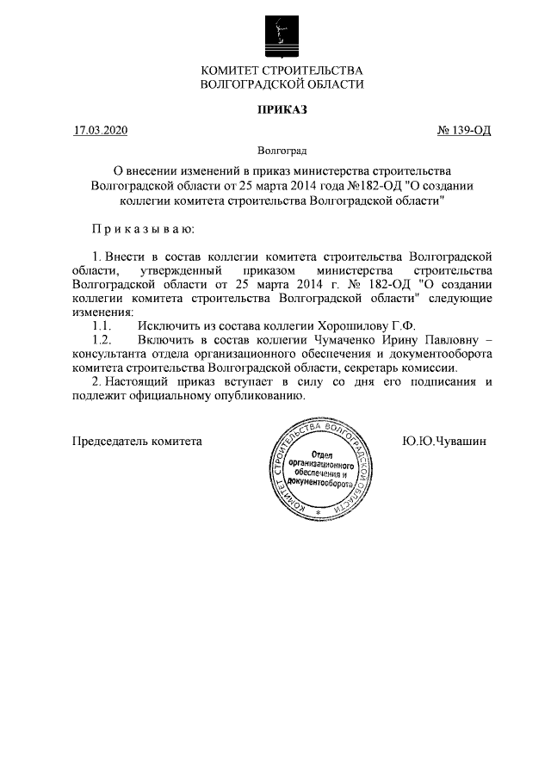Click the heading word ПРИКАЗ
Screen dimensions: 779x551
tap(282, 109)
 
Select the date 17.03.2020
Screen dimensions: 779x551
tap(100, 131)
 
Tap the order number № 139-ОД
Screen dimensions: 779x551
tap(464, 131)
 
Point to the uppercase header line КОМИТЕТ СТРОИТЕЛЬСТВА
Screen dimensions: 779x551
tap(282, 70)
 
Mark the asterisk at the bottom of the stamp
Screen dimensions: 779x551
tap(319, 513)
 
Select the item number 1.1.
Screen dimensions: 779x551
tap(102, 326)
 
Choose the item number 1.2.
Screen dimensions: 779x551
tap(102, 340)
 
